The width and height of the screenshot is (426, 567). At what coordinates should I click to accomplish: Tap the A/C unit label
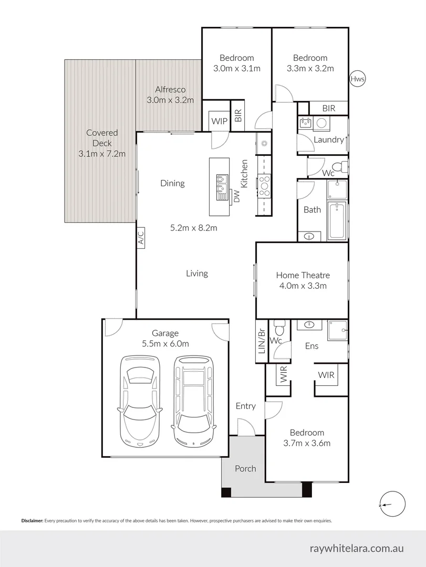click(x=141, y=239)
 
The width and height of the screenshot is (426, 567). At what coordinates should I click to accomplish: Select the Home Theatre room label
click(x=303, y=275)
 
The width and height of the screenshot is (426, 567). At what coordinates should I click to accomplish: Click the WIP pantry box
click(x=219, y=121)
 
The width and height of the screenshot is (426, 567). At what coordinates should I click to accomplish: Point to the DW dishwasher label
click(x=236, y=197)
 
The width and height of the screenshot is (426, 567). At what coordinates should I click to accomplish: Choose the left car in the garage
click(x=139, y=400)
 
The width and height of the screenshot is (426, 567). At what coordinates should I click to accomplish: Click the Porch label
click(x=245, y=468)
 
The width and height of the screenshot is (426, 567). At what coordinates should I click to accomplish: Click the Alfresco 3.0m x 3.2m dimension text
click(x=170, y=100)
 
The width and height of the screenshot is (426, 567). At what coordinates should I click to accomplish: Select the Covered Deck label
click(x=102, y=143)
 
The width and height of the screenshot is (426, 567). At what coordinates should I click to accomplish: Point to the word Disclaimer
click(x=32, y=521)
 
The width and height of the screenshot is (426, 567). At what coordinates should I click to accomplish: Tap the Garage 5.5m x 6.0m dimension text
click(x=165, y=344)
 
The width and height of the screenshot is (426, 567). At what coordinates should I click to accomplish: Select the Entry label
click(x=245, y=406)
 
